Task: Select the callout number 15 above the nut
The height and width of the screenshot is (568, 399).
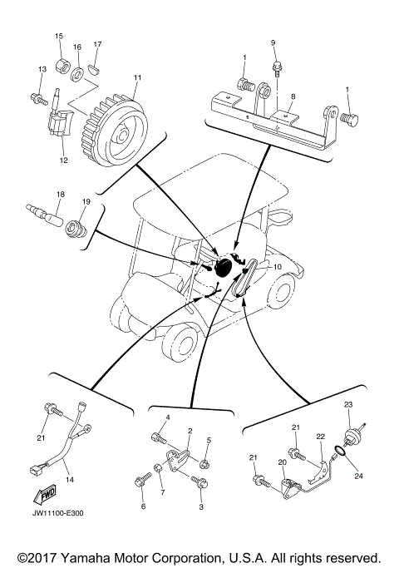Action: pos(59,37)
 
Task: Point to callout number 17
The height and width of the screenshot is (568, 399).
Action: pos(97,44)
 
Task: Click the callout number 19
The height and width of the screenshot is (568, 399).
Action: pos(86,201)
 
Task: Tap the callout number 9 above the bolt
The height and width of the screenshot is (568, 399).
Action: pos(272,42)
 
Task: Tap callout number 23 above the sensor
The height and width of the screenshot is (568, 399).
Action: pos(349,404)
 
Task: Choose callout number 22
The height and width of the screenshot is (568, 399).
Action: pos(320,437)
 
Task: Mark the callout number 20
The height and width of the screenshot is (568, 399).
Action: pos(282,462)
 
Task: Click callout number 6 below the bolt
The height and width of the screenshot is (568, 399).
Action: pos(142,506)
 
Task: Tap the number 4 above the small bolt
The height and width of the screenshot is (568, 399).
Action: pos(167,417)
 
